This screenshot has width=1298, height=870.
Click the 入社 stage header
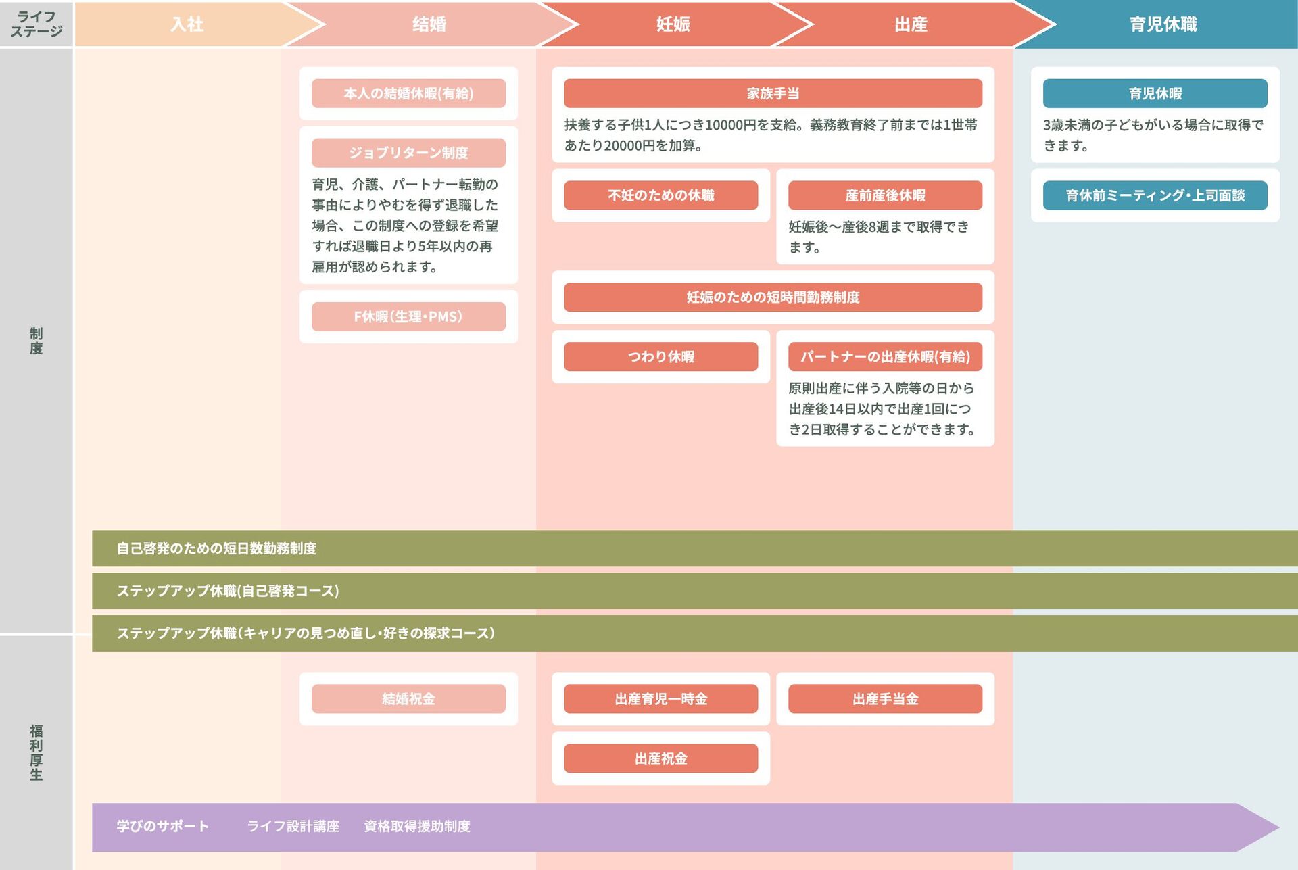[187, 24]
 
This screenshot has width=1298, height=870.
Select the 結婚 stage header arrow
[429, 24]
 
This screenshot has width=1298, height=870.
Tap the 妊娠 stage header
[673, 24]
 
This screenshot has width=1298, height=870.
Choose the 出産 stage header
[911, 24]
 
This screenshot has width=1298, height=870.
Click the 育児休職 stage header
[1163, 24]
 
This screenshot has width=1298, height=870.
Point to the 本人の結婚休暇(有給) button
[408, 93]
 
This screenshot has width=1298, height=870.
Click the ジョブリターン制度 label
[408, 153]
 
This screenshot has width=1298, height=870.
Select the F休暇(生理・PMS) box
[408, 316]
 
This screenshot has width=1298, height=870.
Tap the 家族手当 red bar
[773, 93]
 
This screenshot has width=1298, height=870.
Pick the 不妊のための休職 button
[660, 195]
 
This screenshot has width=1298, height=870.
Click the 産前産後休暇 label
[885, 195]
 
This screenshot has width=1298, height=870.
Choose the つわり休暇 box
[660, 356]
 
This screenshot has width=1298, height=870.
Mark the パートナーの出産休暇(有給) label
[885, 356]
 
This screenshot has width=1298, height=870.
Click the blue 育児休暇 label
[1155, 93]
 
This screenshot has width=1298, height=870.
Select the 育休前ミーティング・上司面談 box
[1155, 195]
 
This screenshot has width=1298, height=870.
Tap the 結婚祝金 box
[408, 698]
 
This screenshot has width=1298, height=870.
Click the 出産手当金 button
[885, 698]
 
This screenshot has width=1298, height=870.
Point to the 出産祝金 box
[660, 758]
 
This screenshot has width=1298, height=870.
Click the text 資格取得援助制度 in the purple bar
[416, 826]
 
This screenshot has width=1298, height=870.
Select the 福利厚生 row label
[37, 752]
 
